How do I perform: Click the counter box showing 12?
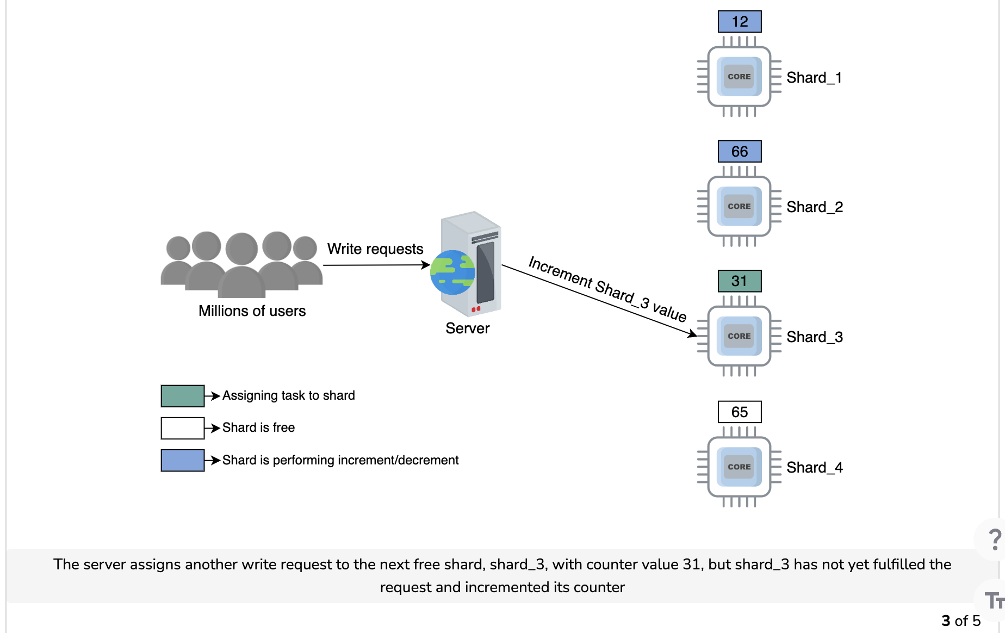[x=740, y=22]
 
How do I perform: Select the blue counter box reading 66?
[x=740, y=151]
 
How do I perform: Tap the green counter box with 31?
[x=740, y=281]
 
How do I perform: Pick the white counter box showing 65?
[x=740, y=412]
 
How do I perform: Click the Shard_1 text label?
[x=814, y=78]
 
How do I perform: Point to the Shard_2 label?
[x=815, y=207]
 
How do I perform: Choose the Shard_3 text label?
[x=815, y=337]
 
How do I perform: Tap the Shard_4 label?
[x=815, y=468]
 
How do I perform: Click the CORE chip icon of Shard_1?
[x=739, y=77]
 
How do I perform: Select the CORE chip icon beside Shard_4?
[x=739, y=467]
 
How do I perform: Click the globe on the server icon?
[x=452, y=272]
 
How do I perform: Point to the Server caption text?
[x=468, y=328]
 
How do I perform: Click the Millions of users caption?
[x=252, y=311]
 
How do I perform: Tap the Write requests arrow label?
[x=375, y=249]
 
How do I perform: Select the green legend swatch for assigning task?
[x=183, y=396]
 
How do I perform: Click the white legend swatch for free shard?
[x=183, y=428]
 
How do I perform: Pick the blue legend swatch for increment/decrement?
[x=183, y=460]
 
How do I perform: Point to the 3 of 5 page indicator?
[x=961, y=620]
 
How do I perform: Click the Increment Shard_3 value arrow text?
[x=607, y=289]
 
